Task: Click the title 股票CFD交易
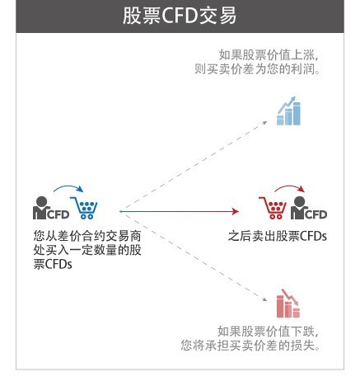coord(180,16)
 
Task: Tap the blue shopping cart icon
coord(85,208)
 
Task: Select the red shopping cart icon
coord(273,208)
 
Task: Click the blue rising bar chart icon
coord(288,111)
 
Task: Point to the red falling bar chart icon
coord(288,304)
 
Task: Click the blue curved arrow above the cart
coord(68,188)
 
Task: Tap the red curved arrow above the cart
coord(290,188)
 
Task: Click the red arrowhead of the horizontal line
coord(236,211)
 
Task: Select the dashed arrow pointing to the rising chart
coord(194,166)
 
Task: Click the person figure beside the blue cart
coord(41,208)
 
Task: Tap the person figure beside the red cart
coord(299,208)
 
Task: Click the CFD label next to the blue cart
coord(58,214)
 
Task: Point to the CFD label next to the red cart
coord(316,214)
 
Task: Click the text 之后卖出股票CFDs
coord(278,236)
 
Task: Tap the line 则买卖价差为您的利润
coord(258,68)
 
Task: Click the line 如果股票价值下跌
coord(268,332)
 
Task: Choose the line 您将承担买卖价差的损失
coord(250,346)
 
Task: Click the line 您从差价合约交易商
coord(87,236)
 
